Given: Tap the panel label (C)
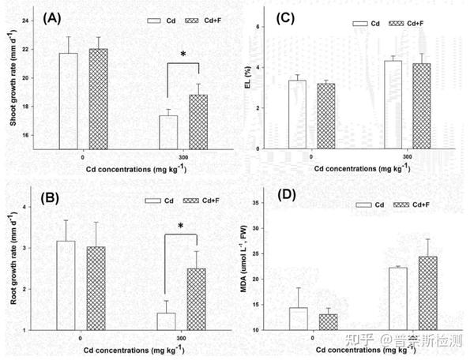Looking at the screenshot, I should pos(286,17).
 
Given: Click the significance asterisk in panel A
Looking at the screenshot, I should pos(183,54).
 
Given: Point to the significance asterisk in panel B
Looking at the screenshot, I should pos(181,227).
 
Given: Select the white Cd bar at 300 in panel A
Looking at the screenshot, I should pos(168,131).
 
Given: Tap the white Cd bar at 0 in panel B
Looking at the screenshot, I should pos(66,285).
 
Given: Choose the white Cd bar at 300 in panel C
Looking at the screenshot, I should pos(393,106).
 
